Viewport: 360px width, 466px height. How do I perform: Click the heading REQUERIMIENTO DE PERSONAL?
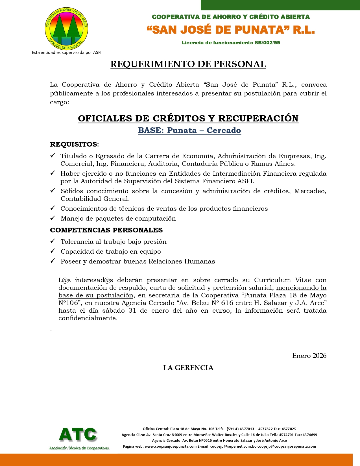click(188, 64)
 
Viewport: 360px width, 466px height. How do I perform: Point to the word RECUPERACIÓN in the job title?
click(258, 118)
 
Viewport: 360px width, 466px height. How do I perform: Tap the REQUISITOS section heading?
click(74, 144)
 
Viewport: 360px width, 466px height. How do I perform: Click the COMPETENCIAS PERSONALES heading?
click(106, 230)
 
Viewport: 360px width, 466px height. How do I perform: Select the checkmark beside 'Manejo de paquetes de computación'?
click(53, 218)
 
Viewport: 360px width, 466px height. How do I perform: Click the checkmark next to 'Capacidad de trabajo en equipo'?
click(53, 251)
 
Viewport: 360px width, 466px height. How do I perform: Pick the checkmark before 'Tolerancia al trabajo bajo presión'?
click(53, 241)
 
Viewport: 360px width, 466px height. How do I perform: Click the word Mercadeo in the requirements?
click(310, 191)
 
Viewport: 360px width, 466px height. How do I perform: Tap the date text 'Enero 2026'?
click(309, 356)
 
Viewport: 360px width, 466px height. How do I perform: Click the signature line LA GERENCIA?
click(188, 368)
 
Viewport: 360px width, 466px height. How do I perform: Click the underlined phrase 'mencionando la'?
click(301, 288)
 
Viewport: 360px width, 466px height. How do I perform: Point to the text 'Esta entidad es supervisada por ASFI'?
click(67, 53)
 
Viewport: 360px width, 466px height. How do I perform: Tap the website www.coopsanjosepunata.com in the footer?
click(171, 447)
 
